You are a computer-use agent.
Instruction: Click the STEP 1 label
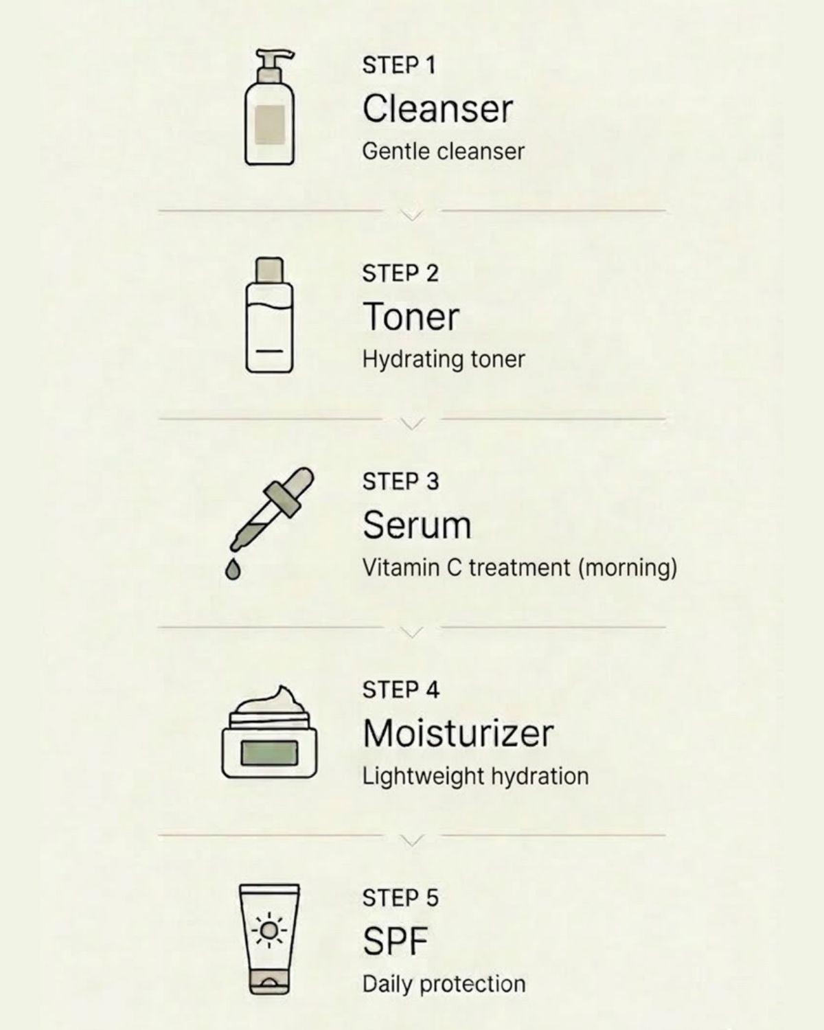point(398,65)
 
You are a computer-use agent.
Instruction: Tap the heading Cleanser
point(437,109)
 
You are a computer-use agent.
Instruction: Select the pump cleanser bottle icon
point(269,117)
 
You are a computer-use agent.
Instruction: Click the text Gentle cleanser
point(443,151)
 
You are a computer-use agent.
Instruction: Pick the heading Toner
point(411,317)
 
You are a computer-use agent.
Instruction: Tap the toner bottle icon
point(269,323)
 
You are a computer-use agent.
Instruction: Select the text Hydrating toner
point(444,359)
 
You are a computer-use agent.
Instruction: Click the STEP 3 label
point(400,481)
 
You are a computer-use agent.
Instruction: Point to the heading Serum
point(417,525)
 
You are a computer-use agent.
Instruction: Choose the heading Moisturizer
point(457,733)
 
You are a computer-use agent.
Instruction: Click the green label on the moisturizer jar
point(269,753)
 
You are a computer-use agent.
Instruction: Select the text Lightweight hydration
point(475,777)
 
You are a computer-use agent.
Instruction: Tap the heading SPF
point(395,941)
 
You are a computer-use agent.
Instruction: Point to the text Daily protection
point(444,984)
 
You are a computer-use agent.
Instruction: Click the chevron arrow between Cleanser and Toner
point(411,215)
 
